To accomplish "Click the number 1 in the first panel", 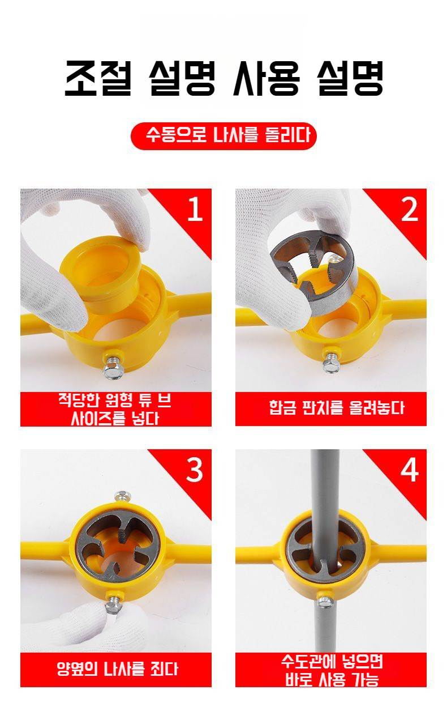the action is (x=195, y=209).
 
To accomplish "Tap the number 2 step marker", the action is (x=410, y=210).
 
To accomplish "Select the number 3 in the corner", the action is (x=195, y=470).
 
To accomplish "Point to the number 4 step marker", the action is (x=410, y=470).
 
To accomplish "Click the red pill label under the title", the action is (x=223, y=136).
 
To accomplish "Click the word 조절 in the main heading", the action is (x=98, y=79).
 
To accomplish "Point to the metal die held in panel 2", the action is (x=312, y=271).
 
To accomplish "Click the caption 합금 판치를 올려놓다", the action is (x=337, y=408).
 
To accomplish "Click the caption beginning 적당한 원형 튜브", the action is (x=114, y=410).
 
